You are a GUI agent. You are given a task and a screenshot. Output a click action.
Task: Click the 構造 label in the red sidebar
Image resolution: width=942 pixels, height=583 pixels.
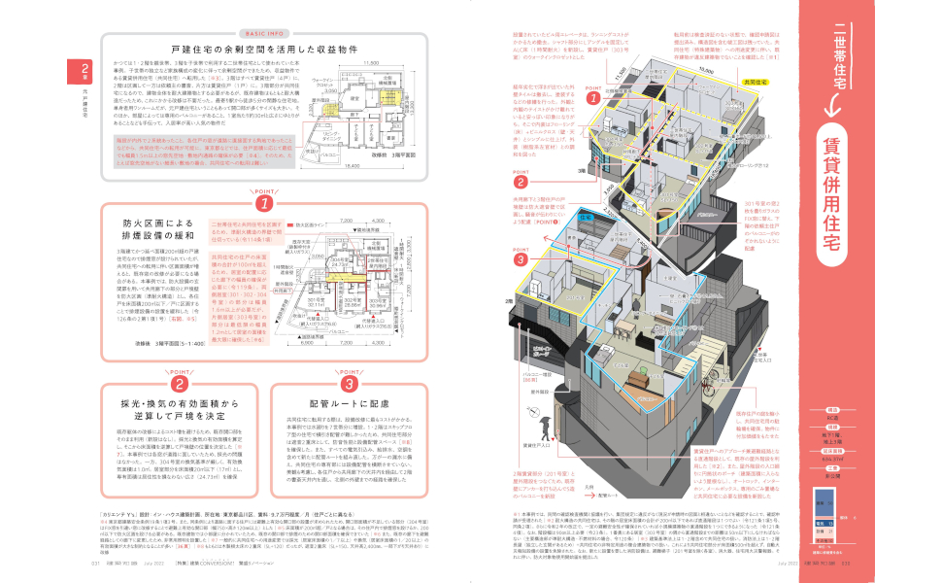point(832,410)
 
